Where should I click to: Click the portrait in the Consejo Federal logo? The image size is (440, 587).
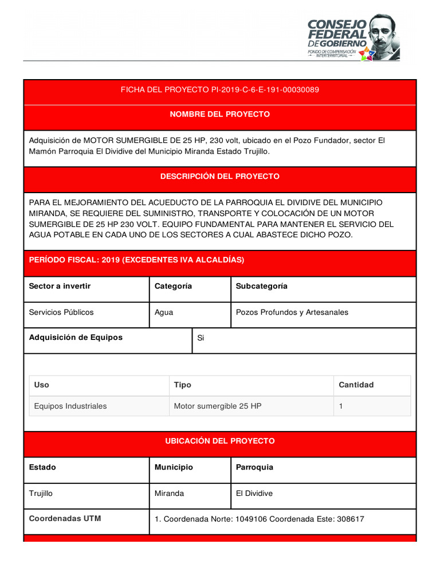coord(382,36)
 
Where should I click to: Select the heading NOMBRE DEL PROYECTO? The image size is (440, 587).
coord(219,115)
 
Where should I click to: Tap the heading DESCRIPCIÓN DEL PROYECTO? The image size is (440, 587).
coord(219,177)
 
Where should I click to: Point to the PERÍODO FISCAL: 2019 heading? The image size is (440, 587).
coord(136,260)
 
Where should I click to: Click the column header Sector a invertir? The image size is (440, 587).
coord(60,286)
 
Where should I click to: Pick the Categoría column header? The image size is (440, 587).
coord(173,286)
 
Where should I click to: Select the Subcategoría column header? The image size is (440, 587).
coord(261,286)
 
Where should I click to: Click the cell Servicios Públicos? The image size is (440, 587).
coord(61,312)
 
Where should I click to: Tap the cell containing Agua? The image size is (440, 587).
coord(164,312)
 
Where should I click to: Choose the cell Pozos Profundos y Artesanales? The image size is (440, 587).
coord(292,312)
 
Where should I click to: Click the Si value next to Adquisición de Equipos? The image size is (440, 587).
coord(201,338)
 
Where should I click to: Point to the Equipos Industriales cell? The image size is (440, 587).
coord(70,406)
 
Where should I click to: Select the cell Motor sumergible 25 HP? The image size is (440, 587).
coord(218,406)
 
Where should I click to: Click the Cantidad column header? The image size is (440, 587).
coord(356,385)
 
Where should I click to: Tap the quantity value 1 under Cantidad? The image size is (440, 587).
coord(341,406)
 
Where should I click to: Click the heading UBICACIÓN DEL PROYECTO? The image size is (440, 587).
coord(219,441)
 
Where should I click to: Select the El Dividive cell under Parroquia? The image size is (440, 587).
coord(254,493)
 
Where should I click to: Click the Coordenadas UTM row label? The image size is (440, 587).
coord(65,519)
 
